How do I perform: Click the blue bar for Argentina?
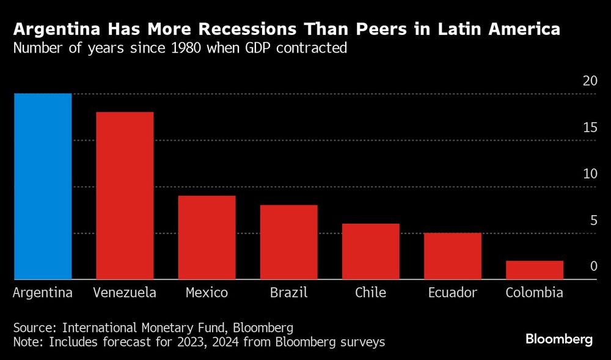coord(43,186)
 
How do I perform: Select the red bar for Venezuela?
coord(125,196)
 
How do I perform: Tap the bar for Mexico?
coord(207,237)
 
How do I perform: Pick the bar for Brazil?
coord(288,242)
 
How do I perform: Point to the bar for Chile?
coord(370,251)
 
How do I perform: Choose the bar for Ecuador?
coord(452,256)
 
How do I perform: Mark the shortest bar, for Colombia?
coord(534,270)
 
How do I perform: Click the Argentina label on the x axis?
coord(43,293)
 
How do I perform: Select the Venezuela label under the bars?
coord(125,293)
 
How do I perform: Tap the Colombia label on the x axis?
coord(534,293)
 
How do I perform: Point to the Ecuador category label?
coord(452,293)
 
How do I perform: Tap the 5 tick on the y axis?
coord(593,221)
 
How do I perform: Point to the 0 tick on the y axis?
coord(593,267)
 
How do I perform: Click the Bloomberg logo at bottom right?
coord(559,340)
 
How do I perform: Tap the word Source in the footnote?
coord(32,326)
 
